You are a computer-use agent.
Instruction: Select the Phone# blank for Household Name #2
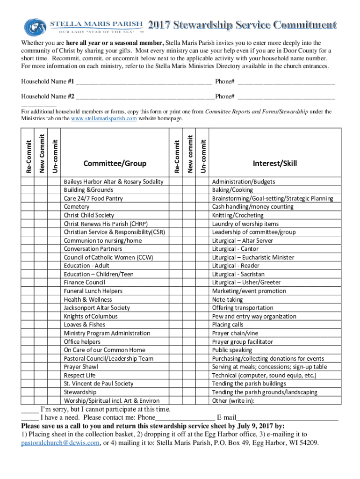pos(286,98)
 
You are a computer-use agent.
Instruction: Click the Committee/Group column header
pos(115,163)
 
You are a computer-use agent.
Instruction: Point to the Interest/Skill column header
pos(275,163)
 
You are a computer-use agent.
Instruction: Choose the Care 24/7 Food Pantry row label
pos(94,198)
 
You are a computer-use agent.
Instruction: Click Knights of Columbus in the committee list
pos(91,316)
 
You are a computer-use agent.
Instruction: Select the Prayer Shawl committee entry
pos(81,367)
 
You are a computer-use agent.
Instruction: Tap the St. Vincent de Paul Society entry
pos(99,384)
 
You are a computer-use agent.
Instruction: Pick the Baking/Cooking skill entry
pos(232,190)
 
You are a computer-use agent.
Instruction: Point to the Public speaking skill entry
pos(232,350)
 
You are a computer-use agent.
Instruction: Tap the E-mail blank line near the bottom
pos(287,417)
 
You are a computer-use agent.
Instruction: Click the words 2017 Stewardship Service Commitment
pos(242,25)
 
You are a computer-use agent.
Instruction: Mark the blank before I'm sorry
pos(29,409)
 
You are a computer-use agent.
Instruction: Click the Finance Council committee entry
pos(85,283)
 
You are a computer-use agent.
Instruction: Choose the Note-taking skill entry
pos(228,299)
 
